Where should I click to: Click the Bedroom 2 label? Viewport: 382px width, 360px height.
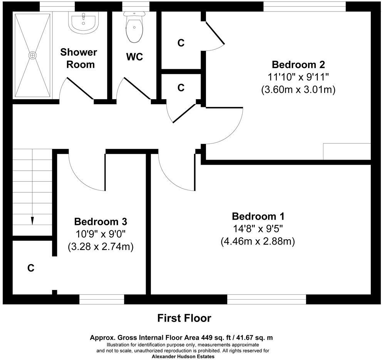pyautogui.click(x=298, y=64)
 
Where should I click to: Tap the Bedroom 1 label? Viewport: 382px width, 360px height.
pyautogui.click(x=258, y=215)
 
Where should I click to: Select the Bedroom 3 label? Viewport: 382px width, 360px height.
pyautogui.click(x=101, y=222)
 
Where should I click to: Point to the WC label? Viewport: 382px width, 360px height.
pyautogui.click(x=134, y=57)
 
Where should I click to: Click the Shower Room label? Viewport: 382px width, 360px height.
pyautogui.click(x=79, y=58)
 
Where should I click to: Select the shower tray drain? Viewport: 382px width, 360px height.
pyautogui.click(x=32, y=55)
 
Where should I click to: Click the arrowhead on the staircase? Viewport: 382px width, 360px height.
pyautogui.click(x=32, y=221)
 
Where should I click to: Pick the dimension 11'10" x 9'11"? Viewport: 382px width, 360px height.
pyautogui.click(x=298, y=77)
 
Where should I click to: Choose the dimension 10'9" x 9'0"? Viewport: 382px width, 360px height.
pyautogui.click(x=101, y=234)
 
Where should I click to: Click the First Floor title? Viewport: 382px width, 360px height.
pyautogui.click(x=184, y=318)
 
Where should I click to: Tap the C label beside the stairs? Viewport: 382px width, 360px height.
pyautogui.click(x=31, y=268)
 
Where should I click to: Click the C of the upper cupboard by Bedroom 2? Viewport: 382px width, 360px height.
pyautogui.click(x=181, y=43)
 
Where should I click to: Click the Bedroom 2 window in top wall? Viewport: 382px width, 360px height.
pyautogui.click(x=304, y=6)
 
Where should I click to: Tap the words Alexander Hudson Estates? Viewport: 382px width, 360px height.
pyautogui.click(x=183, y=357)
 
